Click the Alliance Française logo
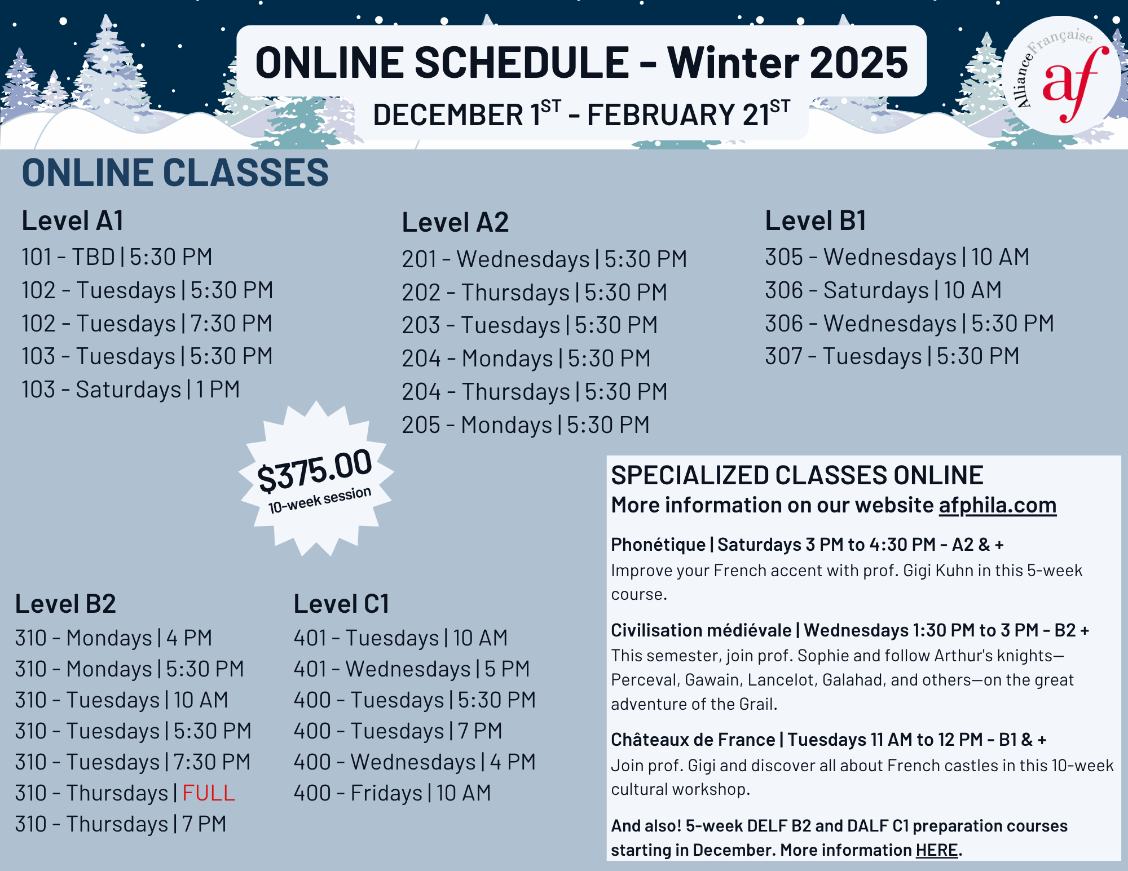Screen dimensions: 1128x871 tap(1061, 76)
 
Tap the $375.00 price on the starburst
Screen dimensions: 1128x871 tap(315, 470)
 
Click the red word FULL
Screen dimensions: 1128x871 tap(208, 793)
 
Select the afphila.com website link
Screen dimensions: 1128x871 tap(997, 505)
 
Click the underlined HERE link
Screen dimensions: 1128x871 tap(937, 850)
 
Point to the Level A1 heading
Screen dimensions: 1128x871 tap(72, 220)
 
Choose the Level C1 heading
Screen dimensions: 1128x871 tap(341, 604)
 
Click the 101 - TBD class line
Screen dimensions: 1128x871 tap(117, 257)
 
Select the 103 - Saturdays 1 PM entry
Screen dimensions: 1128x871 tap(131, 390)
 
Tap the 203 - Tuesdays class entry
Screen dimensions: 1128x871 tap(530, 325)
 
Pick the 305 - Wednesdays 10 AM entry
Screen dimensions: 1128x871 tap(897, 257)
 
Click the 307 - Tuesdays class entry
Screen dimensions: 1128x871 tap(892, 356)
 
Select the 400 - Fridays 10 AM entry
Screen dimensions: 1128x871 tap(392, 793)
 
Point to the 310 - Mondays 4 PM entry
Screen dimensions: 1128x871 tap(113, 638)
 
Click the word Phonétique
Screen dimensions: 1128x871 tap(658, 545)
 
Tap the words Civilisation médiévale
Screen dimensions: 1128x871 tap(701, 630)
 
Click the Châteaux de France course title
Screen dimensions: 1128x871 tap(693, 740)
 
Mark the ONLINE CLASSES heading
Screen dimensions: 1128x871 tap(175, 173)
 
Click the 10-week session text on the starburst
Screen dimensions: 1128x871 tap(320, 500)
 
